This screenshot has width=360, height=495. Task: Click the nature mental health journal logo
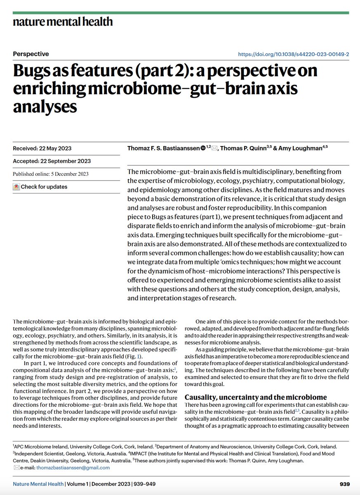pyautogui.click(x=63, y=22)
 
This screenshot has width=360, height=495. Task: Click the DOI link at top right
pyautogui.click(x=294, y=54)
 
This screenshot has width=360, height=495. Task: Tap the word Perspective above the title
pyautogui.click(x=31, y=54)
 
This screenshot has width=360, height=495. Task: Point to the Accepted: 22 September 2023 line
pyautogui.click(x=52, y=161)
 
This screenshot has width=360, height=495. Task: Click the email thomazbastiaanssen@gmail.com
pyautogui.click(x=73, y=468)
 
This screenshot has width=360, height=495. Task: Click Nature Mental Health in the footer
pyautogui.click(x=38, y=484)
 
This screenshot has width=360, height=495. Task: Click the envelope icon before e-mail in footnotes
pyautogui.click(x=16, y=468)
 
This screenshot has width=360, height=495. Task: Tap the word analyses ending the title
pyautogui.click(x=45, y=106)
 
